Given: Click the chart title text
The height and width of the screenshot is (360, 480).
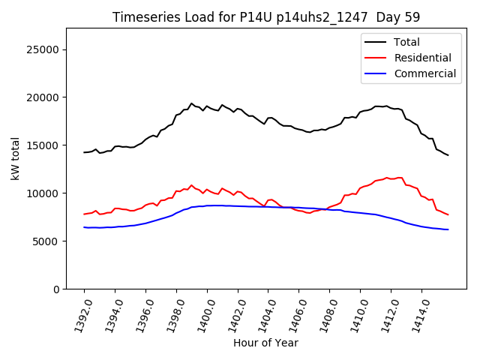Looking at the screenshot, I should (266, 17).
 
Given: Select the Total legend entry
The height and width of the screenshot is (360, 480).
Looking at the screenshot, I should (406, 42).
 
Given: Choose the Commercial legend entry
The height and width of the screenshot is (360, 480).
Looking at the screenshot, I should (424, 73).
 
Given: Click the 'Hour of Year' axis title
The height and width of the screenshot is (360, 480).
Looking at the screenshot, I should (265, 343).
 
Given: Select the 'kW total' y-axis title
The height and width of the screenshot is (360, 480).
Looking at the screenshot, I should (15, 158).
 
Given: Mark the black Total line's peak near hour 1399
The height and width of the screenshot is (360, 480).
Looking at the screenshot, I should (191, 103).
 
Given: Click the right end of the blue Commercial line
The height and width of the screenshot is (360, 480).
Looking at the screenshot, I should (448, 229).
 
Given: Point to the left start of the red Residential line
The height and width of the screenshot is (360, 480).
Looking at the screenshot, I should (84, 214).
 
